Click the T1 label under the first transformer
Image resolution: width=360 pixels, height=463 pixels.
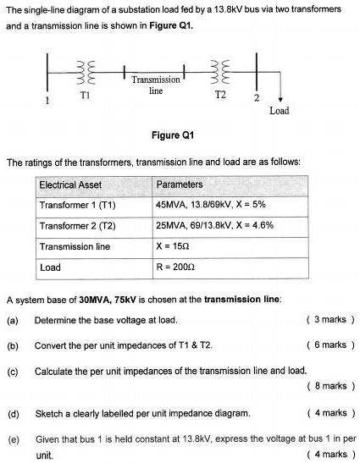84,96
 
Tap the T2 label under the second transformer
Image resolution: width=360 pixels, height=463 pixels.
219,96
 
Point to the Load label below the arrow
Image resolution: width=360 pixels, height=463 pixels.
280,111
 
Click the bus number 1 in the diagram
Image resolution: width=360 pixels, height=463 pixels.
47,100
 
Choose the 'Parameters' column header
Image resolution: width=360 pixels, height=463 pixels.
180,185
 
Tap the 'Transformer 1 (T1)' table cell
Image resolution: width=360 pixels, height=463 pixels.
77,206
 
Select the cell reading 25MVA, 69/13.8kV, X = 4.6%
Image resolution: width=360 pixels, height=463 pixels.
214,226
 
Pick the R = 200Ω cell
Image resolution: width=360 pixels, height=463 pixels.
176,267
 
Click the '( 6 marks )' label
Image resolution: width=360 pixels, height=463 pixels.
330,345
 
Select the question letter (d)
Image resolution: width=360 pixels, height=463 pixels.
13,413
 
